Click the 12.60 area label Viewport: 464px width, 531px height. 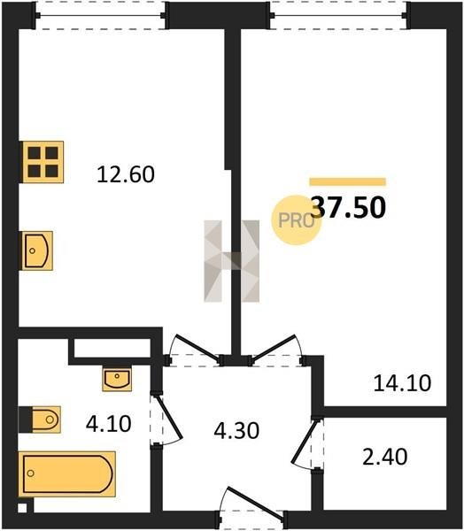click(126, 174)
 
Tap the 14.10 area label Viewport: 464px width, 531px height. click(402, 383)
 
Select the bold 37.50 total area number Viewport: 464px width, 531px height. click(348, 207)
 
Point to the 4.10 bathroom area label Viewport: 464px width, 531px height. click(108, 424)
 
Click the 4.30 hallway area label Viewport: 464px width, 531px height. click(236, 430)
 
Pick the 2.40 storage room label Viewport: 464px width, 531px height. click(384, 457)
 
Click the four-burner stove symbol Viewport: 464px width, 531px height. click(43, 162)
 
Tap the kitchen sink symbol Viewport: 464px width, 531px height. click(37, 250)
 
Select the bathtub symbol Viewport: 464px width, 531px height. click(67, 473)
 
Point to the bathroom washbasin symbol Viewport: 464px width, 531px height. click(117, 379)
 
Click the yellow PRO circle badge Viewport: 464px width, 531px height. click(296, 220)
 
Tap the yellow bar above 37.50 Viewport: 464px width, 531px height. click(347, 181)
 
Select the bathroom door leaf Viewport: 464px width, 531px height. click(168, 418)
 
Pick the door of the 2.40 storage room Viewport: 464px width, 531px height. click(305, 441)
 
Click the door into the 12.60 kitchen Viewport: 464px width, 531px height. click(197, 346)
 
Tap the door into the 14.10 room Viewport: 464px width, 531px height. click(273, 347)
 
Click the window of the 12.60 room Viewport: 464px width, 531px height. click(100, 15)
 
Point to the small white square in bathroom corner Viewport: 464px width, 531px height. click(22, 508)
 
